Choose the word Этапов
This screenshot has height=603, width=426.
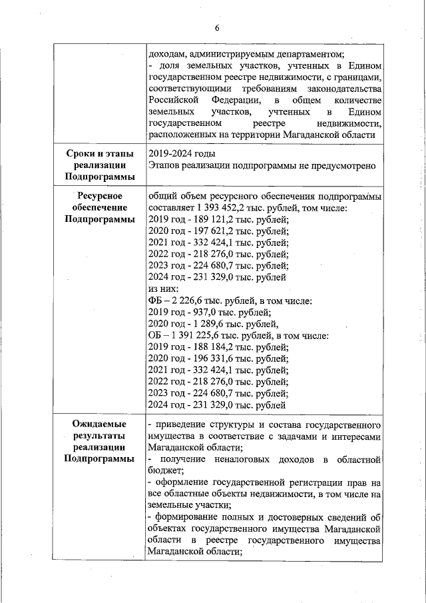[x=164, y=166]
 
